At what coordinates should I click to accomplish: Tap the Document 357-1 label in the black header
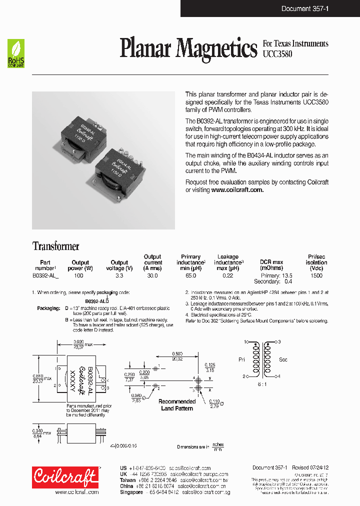pos(304,8)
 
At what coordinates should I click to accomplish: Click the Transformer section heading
pos(55,246)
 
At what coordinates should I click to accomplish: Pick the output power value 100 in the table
pos(78,275)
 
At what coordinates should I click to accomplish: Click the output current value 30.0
pos(152,275)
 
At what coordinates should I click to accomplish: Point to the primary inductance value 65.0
pos(190,275)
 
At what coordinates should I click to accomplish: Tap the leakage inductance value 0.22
pos(227,275)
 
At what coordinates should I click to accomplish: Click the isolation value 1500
pos(316,275)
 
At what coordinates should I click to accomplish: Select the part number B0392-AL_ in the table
pos(45,275)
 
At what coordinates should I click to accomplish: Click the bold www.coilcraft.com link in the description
pos(237,190)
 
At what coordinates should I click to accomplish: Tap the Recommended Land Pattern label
pos(177,405)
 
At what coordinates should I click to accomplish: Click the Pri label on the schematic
pos(242,359)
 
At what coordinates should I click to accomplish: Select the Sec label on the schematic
pos(282,359)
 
